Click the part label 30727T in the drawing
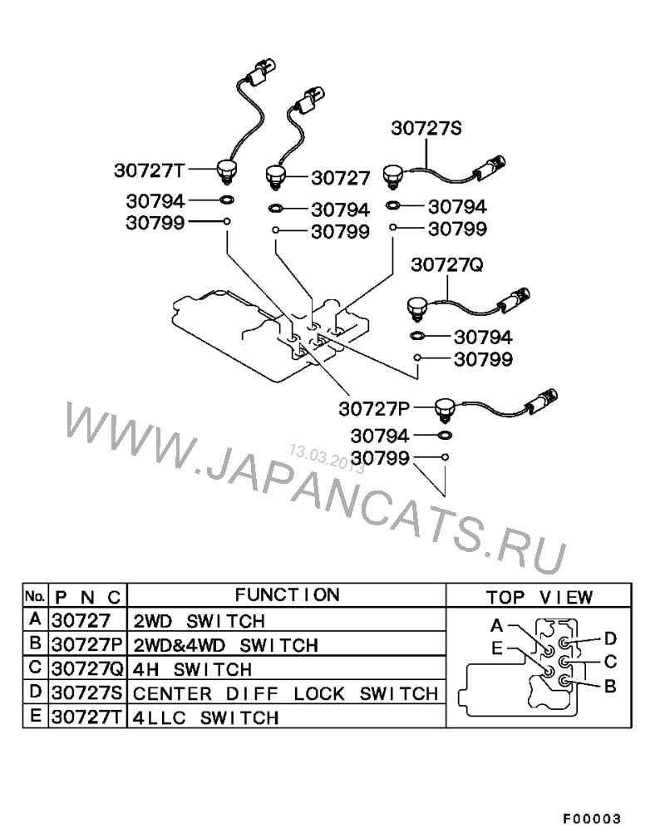click(x=149, y=170)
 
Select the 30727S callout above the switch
click(x=426, y=128)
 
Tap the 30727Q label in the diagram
click(x=447, y=264)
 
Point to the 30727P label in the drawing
click(x=374, y=409)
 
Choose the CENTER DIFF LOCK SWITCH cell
click(x=285, y=693)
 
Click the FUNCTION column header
click(x=287, y=595)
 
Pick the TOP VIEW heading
click(x=539, y=597)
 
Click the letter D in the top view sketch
click(x=610, y=638)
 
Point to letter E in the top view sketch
click(x=497, y=648)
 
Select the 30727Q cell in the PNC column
click(x=87, y=669)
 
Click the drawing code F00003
click(x=592, y=819)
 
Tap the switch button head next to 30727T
click(x=227, y=170)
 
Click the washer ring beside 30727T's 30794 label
click(x=227, y=200)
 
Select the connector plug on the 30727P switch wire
click(x=544, y=401)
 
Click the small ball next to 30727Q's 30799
click(x=417, y=357)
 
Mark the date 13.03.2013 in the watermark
click(x=327, y=459)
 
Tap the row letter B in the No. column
click(x=35, y=643)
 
